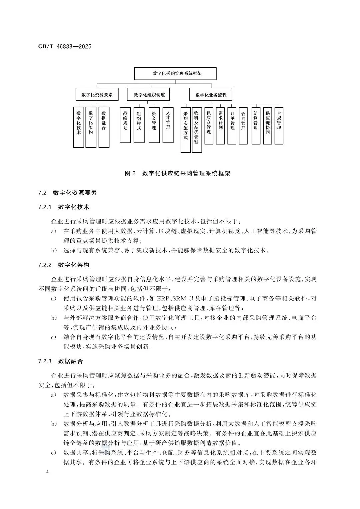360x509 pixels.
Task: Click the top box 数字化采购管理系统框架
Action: [x=175, y=73]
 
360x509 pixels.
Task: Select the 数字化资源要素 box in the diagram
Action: [x=97, y=95]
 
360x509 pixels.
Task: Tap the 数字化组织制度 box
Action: [x=149, y=95]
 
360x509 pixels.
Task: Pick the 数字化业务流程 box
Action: [x=211, y=95]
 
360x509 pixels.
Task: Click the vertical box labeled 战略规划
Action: [x=125, y=125]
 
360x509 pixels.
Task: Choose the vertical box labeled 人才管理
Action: [x=168, y=125]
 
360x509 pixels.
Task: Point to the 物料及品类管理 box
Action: [x=197, y=129]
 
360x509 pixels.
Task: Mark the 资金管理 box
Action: [x=154, y=125]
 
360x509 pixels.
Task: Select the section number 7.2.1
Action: [x=45, y=207]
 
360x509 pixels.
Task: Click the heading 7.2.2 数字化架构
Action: [x=64, y=265]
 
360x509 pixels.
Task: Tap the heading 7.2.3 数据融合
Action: [x=61, y=361]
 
